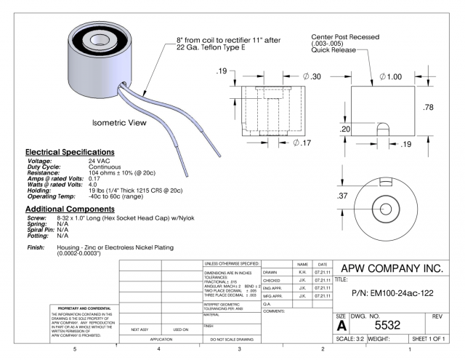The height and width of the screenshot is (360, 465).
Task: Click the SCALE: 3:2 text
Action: tap(353, 339)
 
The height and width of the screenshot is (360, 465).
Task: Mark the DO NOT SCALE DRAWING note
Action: tap(230, 340)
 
